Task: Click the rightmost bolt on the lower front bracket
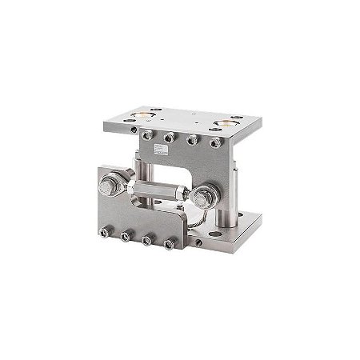pos(167,245)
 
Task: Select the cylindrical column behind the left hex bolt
pos(141,172)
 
